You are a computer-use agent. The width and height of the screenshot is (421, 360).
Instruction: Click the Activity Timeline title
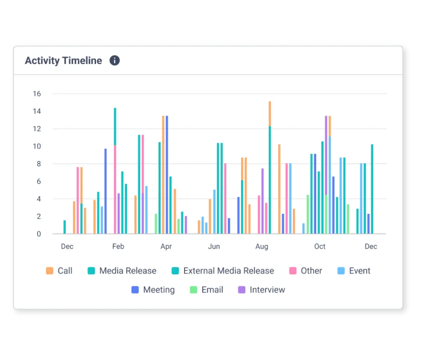tap(64, 61)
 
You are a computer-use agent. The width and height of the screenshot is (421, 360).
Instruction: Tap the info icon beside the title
tap(115, 60)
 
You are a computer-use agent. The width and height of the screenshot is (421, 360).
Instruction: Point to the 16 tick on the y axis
tap(37, 94)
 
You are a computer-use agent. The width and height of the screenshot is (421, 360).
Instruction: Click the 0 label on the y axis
tap(39, 234)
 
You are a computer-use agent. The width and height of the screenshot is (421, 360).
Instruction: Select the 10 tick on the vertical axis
tap(37, 146)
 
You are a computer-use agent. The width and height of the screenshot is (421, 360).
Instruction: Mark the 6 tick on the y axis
tap(39, 181)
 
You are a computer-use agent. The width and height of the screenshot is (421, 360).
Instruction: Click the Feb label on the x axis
tap(118, 246)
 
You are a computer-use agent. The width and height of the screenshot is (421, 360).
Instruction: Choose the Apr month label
tap(166, 246)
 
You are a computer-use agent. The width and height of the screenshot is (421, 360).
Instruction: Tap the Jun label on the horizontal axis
tap(214, 246)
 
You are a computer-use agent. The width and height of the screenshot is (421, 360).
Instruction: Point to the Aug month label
tap(262, 246)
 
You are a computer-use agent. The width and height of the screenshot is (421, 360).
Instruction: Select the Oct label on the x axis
tap(320, 246)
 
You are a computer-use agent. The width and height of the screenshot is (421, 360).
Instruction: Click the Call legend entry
tap(65, 271)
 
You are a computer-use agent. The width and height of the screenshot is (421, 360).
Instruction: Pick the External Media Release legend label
tap(229, 271)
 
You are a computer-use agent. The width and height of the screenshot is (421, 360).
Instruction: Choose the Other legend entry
tap(311, 271)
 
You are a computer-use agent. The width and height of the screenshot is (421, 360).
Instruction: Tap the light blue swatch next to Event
tap(341, 271)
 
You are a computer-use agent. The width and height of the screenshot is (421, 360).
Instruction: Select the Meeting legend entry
tap(159, 290)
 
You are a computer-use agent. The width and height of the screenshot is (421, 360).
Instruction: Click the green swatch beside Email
tap(193, 290)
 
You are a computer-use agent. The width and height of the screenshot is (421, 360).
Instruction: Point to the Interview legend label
tap(267, 290)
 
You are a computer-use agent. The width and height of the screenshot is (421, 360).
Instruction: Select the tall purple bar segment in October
tap(326, 155)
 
